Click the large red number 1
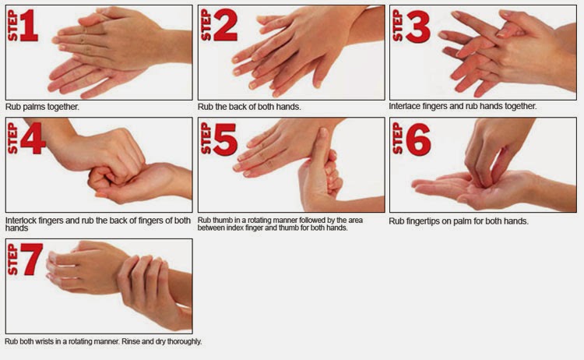coord(29,26)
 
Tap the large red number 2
coord(225,26)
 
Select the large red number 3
coord(418,26)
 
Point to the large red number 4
coord(33,139)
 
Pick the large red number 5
coord(225,139)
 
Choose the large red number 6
coord(418,139)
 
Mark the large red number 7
coord(31,259)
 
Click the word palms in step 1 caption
coord(33,108)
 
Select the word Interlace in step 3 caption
coord(403,106)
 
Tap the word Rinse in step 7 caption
coord(131,341)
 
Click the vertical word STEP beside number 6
coord(397,138)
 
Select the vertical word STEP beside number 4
coord(12,138)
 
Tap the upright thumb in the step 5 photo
coord(319,149)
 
